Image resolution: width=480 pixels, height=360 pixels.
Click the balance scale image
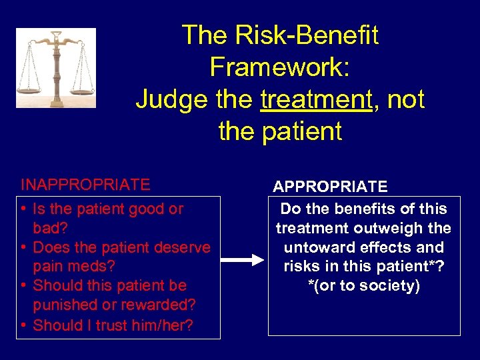click(x=56, y=68)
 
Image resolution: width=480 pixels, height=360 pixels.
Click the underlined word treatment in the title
click(x=315, y=99)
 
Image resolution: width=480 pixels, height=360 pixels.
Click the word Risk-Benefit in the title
click(x=280, y=35)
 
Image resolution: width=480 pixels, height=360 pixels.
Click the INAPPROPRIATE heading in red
click(x=85, y=184)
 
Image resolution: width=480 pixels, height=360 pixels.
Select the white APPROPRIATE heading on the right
click(x=330, y=187)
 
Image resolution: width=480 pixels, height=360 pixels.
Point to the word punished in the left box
click(x=65, y=305)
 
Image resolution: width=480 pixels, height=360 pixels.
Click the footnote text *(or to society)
click(x=364, y=286)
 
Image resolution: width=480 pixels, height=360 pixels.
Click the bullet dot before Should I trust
click(x=23, y=325)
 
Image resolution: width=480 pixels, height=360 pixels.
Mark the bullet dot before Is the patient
click(x=23, y=209)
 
